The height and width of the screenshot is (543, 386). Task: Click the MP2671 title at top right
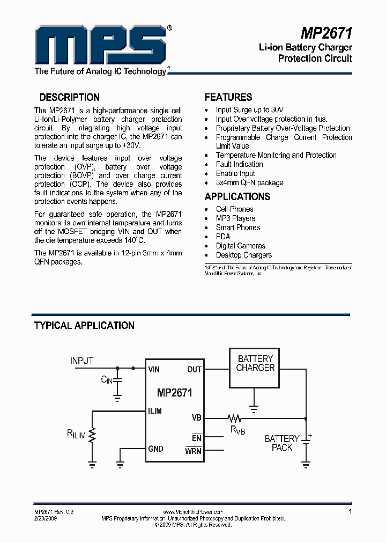coord(326,33)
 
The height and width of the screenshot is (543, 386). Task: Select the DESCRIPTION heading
coord(70,98)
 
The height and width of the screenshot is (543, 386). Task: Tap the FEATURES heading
coord(228,98)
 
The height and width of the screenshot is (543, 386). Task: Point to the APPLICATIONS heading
coord(237,196)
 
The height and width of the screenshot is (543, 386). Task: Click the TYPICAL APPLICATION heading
coord(84,326)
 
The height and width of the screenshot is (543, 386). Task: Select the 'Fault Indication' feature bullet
coord(239,164)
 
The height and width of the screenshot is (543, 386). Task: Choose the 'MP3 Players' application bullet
coord(235,218)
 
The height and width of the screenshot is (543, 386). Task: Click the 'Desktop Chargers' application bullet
coord(243,255)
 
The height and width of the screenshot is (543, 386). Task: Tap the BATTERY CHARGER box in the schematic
coord(255,368)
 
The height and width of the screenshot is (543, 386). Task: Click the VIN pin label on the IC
coord(154,369)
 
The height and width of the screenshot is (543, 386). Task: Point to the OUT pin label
coord(194,369)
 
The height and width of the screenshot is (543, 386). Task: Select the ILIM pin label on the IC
coord(155,411)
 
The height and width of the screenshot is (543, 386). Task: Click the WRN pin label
coord(193,451)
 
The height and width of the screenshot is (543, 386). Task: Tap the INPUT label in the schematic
coord(81,361)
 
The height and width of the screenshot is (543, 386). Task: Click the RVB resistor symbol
coord(234,418)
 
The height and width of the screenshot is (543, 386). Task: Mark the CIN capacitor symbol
coord(117,380)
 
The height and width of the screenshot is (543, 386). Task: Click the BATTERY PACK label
coord(282,443)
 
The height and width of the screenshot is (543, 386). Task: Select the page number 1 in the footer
coord(350,512)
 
